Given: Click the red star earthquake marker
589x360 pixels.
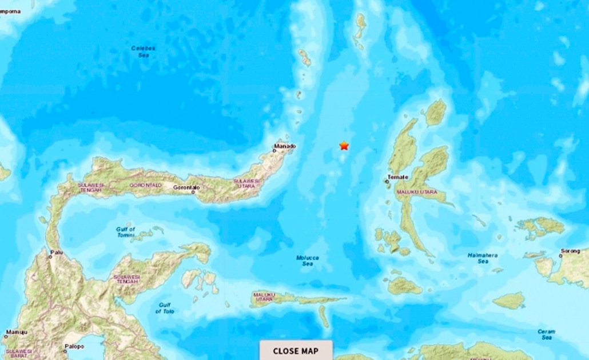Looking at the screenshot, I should (344, 146).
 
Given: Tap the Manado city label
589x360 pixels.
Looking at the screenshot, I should (285, 147).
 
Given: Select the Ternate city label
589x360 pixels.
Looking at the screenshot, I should (397, 177).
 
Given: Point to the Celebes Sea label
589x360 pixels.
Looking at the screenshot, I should (143, 51).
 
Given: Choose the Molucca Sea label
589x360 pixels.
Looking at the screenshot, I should (307, 261).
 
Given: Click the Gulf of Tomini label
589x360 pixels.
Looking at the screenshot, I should (125, 232).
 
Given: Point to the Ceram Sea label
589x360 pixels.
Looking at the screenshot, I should (546, 334).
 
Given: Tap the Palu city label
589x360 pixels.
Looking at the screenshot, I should (57, 251).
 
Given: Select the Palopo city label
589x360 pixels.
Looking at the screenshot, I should (74, 346).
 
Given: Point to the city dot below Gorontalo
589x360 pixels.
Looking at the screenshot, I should (194, 192).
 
